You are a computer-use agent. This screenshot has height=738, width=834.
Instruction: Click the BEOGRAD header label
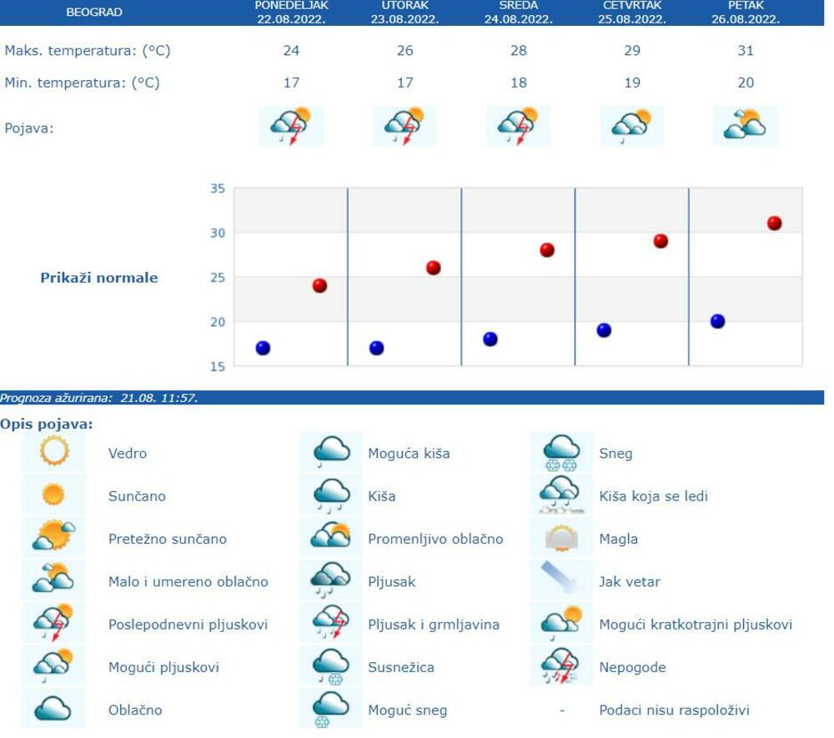pyautogui.click(x=93, y=13)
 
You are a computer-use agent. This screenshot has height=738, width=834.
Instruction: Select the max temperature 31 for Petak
pyautogui.click(x=746, y=51)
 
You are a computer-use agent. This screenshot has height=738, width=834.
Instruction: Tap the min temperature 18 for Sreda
pyautogui.click(x=518, y=83)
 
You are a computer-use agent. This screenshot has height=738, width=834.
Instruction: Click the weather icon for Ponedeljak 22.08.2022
pyautogui.click(x=290, y=127)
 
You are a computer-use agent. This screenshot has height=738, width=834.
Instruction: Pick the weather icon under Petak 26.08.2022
pyautogui.click(x=745, y=126)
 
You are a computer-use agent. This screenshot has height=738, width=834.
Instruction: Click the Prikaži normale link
pyautogui.click(x=99, y=278)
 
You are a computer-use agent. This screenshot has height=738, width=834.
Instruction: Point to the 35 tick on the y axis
pyautogui.click(x=217, y=188)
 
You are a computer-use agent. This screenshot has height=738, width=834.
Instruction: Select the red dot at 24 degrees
pyautogui.click(x=319, y=286)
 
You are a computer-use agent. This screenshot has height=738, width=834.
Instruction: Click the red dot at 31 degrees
pyautogui.click(x=774, y=223)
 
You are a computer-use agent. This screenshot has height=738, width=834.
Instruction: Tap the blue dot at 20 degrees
pyautogui.click(x=717, y=322)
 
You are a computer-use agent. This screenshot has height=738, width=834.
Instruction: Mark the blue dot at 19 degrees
pyautogui.click(x=604, y=330)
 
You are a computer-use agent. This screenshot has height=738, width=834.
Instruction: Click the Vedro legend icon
pyautogui.click(x=53, y=453)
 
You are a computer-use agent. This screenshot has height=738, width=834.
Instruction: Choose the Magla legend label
pyautogui.click(x=618, y=539)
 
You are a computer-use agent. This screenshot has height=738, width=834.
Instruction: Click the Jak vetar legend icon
pyautogui.click(x=561, y=580)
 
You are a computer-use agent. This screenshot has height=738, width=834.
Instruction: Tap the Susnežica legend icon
pyautogui.click(x=330, y=666)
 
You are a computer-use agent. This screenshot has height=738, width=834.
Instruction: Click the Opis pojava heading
pyautogui.click(x=47, y=424)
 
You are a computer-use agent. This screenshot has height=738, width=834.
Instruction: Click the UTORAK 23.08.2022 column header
pyautogui.click(x=404, y=13)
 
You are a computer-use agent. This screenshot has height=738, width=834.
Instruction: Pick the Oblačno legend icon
pyautogui.click(x=53, y=710)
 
